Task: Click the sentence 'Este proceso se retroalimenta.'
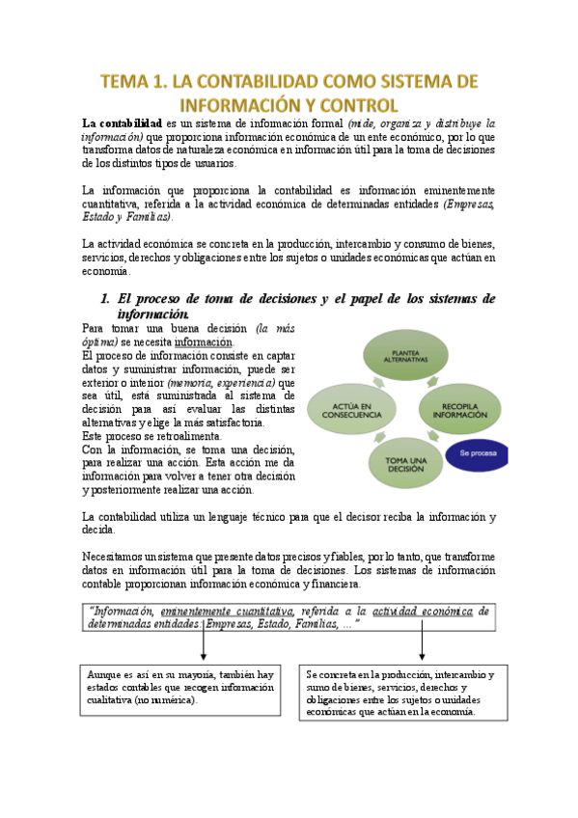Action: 145,436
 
